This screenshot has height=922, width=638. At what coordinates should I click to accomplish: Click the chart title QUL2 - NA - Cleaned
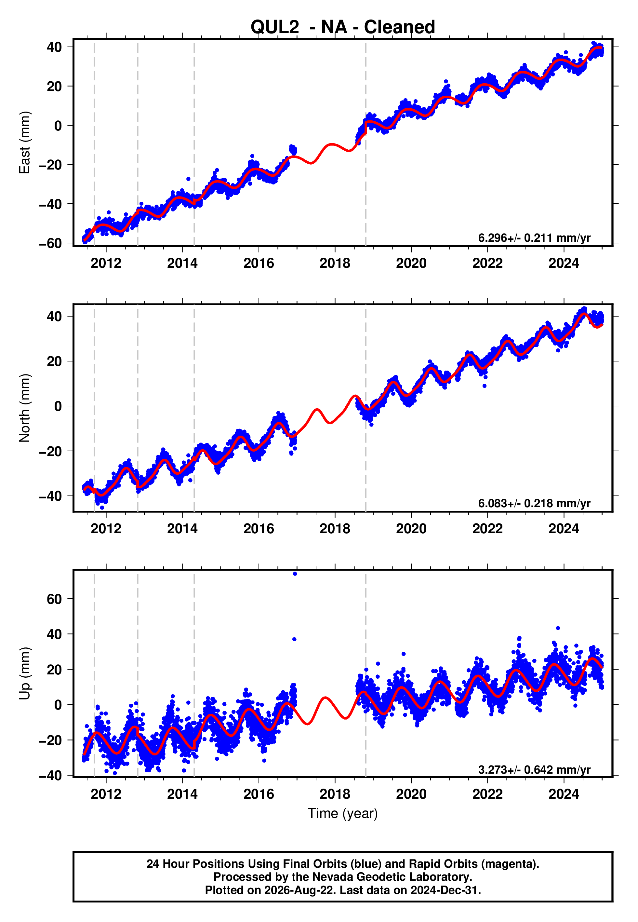pos(343,27)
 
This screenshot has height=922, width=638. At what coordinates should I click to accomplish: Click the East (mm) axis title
pos(25,142)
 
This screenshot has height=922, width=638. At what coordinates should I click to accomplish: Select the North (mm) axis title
pos(25,408)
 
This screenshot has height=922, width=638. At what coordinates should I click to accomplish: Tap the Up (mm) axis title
pos(25,673)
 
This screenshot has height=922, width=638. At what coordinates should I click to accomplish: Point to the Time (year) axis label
pos(343,814)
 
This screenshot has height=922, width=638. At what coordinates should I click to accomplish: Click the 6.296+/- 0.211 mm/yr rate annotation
pos(534,238)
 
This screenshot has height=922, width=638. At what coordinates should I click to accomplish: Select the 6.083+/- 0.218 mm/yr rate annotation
pos(534,503)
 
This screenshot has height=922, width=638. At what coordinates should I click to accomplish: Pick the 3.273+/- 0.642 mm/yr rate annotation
pos(534,770)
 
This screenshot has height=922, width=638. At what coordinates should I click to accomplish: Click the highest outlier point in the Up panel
pos(295,574)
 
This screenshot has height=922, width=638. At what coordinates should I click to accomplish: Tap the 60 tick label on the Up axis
pos(54,599)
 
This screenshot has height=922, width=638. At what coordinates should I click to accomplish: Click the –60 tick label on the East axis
pos(50,243)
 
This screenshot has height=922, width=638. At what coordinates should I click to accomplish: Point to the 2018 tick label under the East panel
pos(335,263)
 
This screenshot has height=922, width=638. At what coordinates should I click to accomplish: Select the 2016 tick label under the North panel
pos(259,529)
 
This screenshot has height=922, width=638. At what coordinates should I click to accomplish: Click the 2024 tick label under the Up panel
pos(564,794)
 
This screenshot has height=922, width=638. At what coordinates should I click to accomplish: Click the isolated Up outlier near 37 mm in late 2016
pos(294,639)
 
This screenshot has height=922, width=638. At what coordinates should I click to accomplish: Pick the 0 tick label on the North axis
pos(58,406)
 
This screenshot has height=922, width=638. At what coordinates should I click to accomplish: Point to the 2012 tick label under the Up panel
pos(106,794)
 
